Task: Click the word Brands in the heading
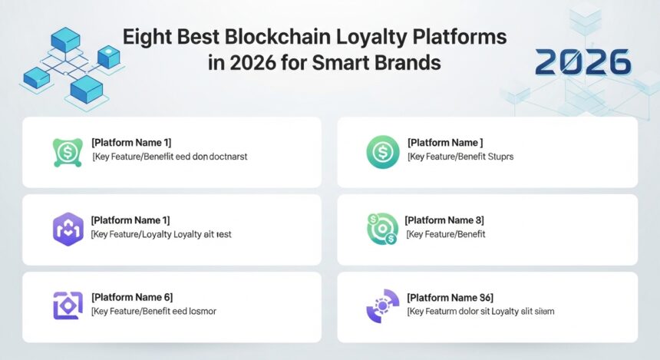coord(411,62)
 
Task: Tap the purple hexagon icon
coord(68,229)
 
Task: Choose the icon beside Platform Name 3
coord(382,229)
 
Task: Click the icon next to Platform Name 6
coord(68,305)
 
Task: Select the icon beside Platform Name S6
coord(382,305)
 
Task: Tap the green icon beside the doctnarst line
coord(68,151)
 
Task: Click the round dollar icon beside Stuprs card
coord(382,151)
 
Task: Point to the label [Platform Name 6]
coord(131,297)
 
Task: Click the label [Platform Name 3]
coord(448,220)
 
